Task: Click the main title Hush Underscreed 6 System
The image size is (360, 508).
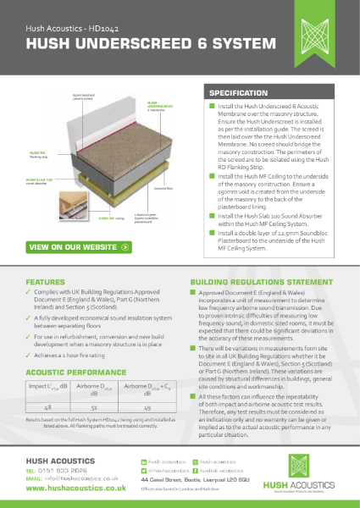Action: [x=110, y=51]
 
